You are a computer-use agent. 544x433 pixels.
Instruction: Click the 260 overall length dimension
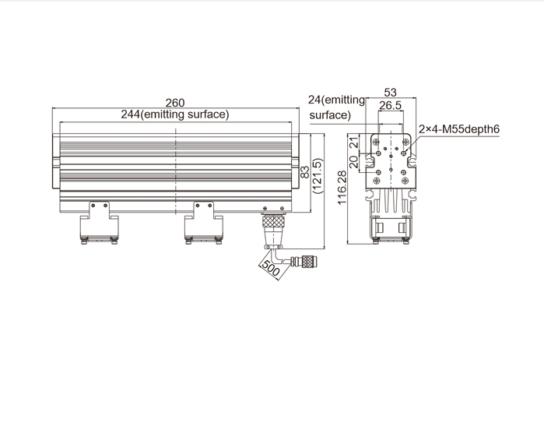(175, 103)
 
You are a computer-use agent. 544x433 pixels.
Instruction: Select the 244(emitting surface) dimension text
(175, 114)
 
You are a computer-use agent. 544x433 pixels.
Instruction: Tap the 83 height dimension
(304, 172)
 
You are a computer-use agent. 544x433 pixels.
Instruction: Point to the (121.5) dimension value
(318, 176)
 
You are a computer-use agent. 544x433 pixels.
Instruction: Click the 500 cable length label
(270, 268)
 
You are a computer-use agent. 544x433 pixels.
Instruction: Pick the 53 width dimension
(391, 93)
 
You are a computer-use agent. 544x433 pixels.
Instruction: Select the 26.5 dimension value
(391, 105)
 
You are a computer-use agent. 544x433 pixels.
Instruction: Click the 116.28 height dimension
(342, 188)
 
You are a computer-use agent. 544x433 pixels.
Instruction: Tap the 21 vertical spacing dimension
(353, 143)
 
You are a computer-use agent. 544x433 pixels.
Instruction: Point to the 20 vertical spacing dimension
(353, 162)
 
